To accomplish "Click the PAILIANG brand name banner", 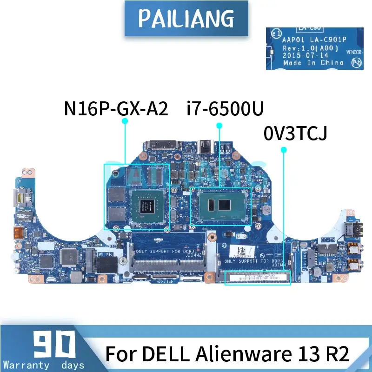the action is click(x=186, y=19).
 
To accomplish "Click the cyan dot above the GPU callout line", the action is click(x=125, y=121).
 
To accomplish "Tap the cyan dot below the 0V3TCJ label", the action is click(x=284, y=149).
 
